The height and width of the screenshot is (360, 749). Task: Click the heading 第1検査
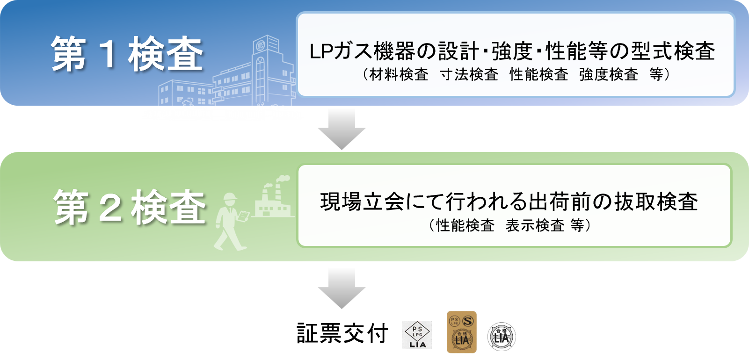coord(127,54)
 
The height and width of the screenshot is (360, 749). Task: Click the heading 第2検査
coord(130,207)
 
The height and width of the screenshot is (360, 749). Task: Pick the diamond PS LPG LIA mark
coord(417,335)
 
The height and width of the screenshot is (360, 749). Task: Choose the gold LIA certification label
coord(461,331)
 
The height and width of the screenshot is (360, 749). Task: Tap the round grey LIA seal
coord(501,337)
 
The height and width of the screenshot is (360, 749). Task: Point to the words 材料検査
coord(399,75)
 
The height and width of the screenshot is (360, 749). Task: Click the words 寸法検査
coord(469,75)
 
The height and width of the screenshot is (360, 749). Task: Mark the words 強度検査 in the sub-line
coord(608,75)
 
